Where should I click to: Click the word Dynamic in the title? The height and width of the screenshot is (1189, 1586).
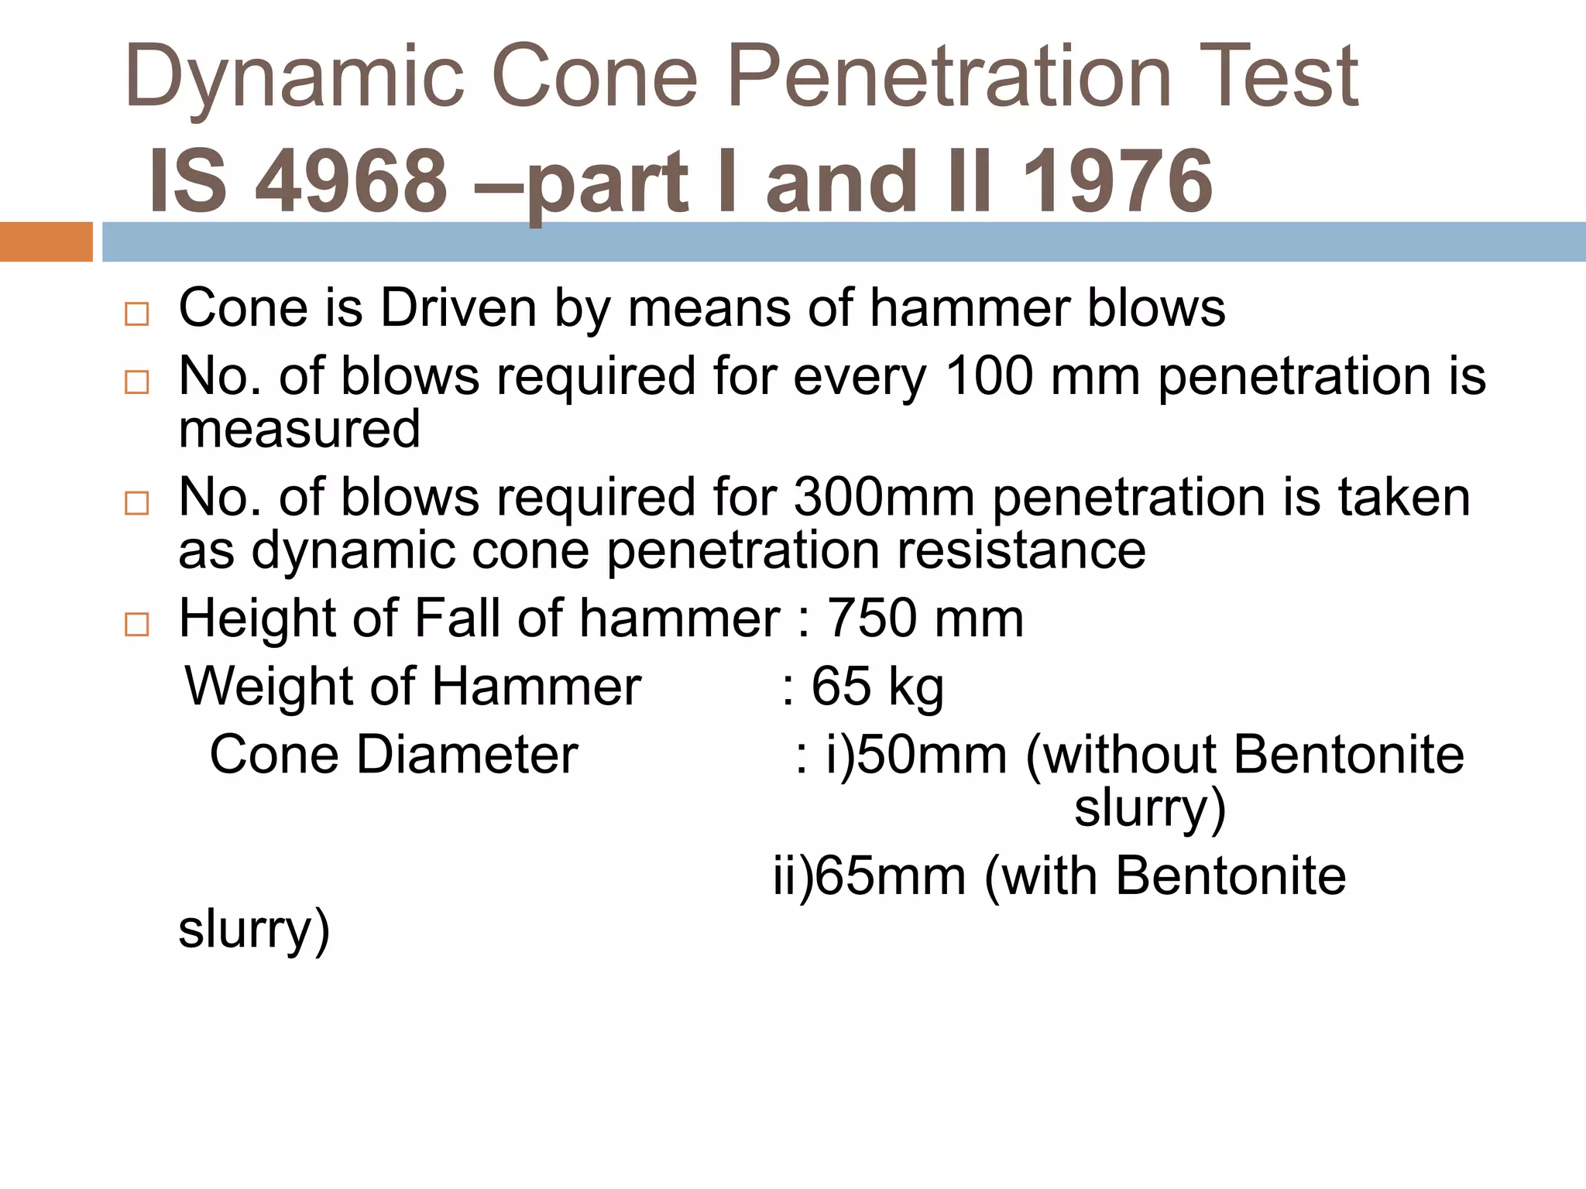tap(294, 77)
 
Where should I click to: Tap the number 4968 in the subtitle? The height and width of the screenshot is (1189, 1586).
tap(352, 182)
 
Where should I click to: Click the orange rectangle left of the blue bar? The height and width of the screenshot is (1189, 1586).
tap(46, 242)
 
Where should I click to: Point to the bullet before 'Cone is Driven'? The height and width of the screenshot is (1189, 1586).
tap(136, 314)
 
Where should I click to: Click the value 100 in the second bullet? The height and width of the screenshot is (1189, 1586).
tap(989, 376)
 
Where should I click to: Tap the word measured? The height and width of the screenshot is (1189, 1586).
tap(300, 430)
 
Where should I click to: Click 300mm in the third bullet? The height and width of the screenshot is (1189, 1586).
tap(884, 497)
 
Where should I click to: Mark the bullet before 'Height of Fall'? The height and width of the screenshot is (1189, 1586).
tap(136, 624)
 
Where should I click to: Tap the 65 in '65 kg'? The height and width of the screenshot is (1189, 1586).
tap(840, 687)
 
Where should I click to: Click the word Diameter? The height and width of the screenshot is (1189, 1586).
tap(467, 755)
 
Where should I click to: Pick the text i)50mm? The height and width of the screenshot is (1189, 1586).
tap(915, 755)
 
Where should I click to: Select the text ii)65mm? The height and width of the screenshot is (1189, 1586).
tap(869, 876)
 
